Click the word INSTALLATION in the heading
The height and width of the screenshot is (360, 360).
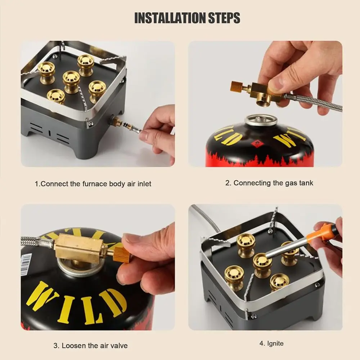pyautogui.click(x=170, y=18)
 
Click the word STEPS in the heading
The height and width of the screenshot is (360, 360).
pyautogui.click(x=224, y=18)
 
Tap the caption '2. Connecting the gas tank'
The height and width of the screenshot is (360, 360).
pyautogui.click(x=269, y=183)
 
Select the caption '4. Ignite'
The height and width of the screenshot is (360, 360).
pyautogui.click(x=271, y=343)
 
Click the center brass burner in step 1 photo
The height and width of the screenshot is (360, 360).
pyautogui.click(x=71, y=81)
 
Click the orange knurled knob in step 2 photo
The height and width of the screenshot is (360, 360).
pyautogui.click(x=237, y=86)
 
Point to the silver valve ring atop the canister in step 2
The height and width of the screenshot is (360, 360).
pyautogui.click(x=261, y=120)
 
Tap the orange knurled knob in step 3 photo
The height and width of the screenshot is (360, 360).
pyautogui.click(x=121, y=255)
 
